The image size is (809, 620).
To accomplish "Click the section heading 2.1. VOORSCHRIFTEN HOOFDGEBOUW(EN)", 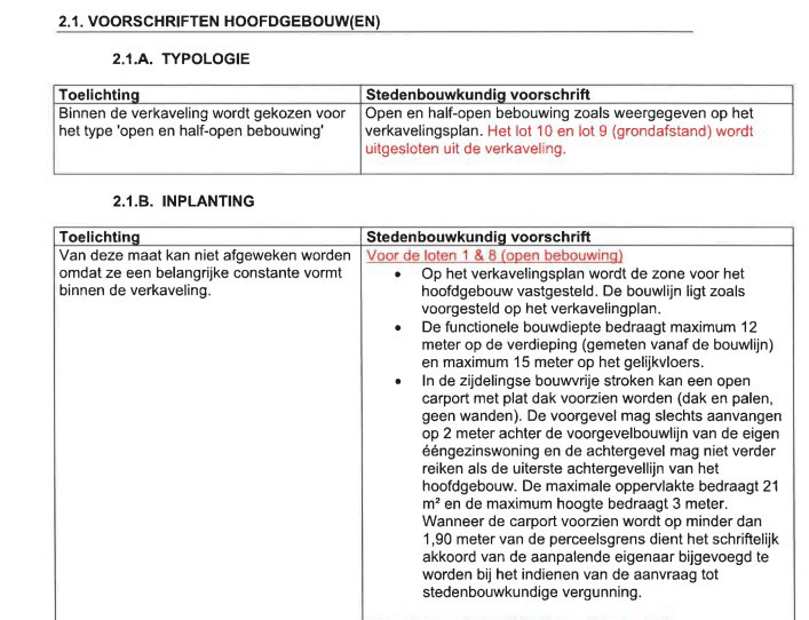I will [x=219, y=22].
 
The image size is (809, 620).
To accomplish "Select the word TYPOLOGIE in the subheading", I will [x=205, y=59].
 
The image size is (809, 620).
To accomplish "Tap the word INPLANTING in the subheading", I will [x=208, y=201].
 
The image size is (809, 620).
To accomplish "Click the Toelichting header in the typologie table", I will [x=99, y=95].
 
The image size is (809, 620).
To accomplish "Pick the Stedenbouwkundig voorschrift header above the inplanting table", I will [x=478, y=237].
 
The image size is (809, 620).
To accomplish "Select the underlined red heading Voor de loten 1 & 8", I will [x=494, y=255].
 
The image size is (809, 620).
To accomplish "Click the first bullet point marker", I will [x=398, y=275].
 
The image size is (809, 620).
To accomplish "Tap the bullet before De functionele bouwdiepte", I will [x=398, y=328].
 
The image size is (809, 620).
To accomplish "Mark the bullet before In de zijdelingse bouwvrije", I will [x=398, y=382].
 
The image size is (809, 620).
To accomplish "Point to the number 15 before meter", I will [x=522, y=362].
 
